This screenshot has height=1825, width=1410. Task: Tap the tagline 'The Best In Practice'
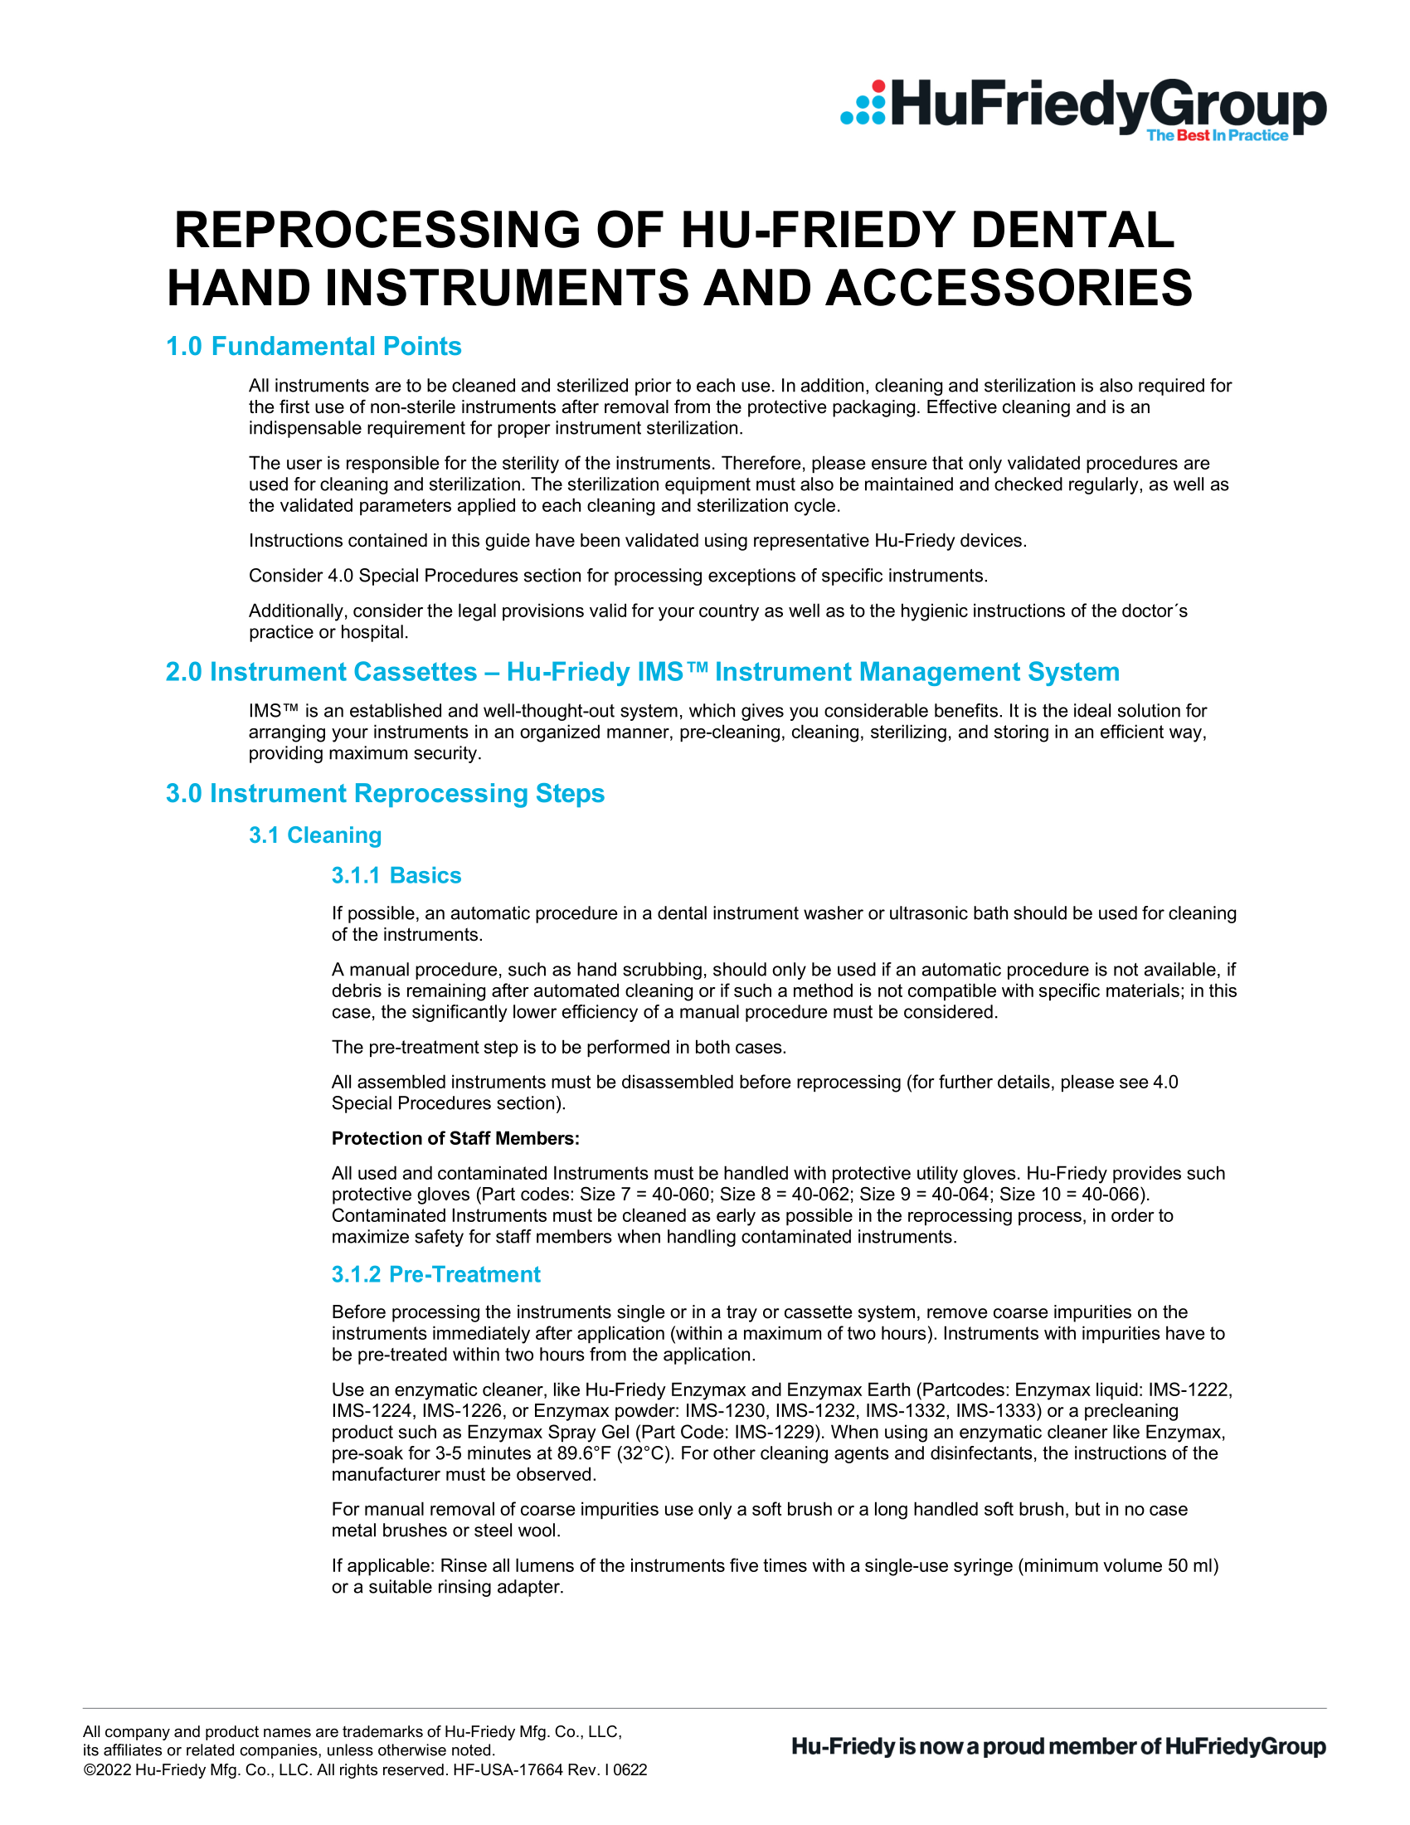click(x=1217, y=135)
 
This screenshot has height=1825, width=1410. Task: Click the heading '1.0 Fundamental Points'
click(x=314, y=346)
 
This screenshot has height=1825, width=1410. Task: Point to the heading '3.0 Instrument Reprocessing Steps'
click(x=384, y=793)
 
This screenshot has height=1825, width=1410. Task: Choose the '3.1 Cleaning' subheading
click(x=315, y=835)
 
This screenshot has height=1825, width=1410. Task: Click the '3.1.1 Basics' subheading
click(x=396, y=875)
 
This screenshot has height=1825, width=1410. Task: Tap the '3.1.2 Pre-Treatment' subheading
click(x=435, y=1274)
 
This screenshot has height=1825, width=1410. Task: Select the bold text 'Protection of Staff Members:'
click(x=455, y=1138)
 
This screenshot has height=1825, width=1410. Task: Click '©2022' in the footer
click(x=107, y=1770)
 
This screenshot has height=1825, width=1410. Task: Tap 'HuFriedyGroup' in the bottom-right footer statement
click(x=1245, y=1746)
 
